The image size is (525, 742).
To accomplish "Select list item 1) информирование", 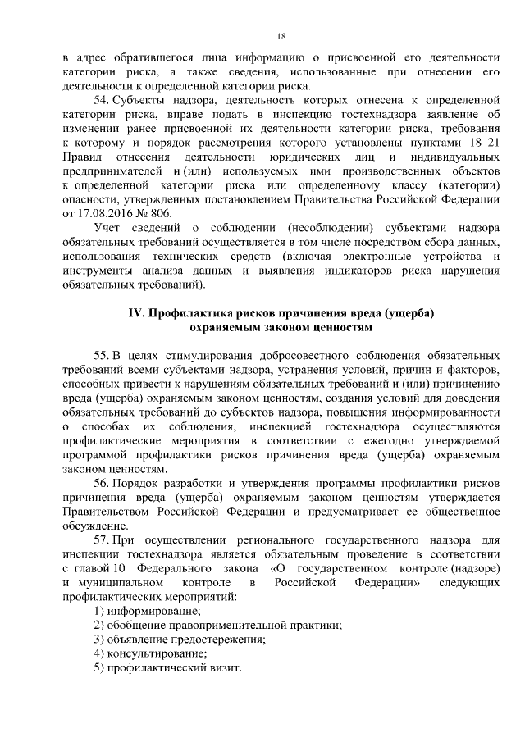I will [147, 611].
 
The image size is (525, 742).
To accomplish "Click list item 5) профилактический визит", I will [167, 668].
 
